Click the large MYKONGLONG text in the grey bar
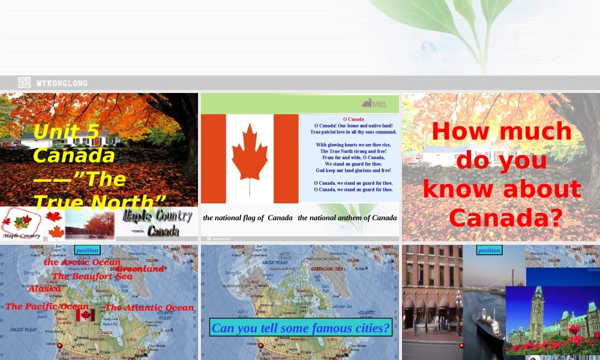click(x=61, y=83)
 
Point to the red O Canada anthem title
click(x=353, y=119)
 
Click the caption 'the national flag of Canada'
click(x=248, y=218)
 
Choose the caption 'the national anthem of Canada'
click(x=347, y=218)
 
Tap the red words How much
click(x=502, y=131)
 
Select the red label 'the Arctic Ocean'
click(x=82, y=262)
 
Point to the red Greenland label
click(x=140, y=269)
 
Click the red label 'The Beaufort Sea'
click(x=92, y=277)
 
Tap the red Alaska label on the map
click(x=45, y=289)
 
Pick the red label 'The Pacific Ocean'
click(x=47, y=307)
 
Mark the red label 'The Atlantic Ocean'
click(x=149, y=308)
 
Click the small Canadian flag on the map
click(x=85, y=315)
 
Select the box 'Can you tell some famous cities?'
click(x=301, y=328)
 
